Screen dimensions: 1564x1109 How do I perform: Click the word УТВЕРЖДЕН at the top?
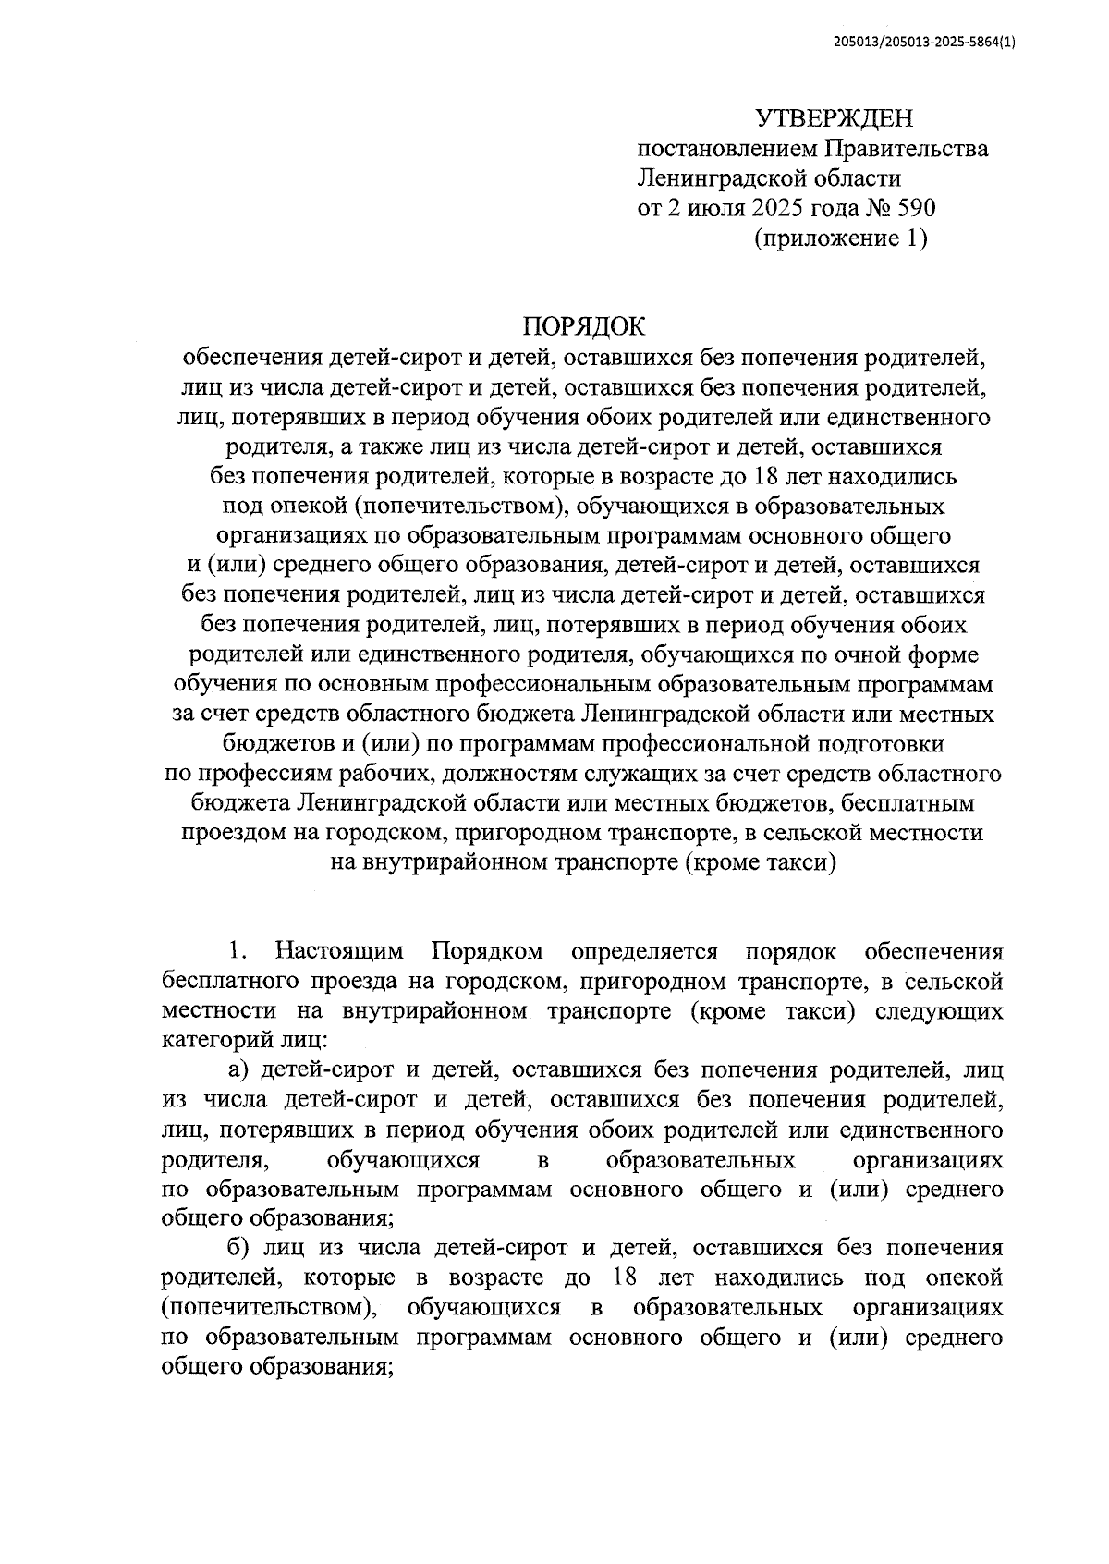(834, 118)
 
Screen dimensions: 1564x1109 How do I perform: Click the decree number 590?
(916, 208)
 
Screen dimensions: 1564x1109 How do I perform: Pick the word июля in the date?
(713, 208)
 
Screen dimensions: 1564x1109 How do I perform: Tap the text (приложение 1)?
(839, 238)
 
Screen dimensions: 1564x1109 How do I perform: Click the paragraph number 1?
(238, 951)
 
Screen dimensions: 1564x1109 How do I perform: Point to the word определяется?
(644, 951)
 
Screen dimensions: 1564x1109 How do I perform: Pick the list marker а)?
(241, 1070)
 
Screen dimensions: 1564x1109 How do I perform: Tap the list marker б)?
(241, 1248)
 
